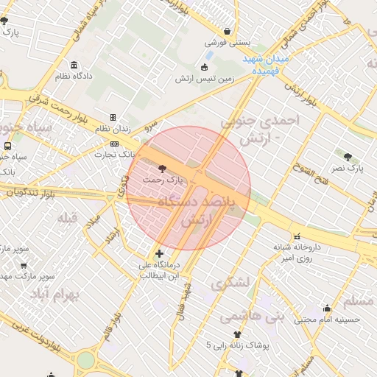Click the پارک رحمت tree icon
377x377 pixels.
[162, 168]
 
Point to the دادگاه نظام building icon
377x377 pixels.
[74, 65]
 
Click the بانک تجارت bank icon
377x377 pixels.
[114, 144]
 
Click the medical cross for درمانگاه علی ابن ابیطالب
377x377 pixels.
[159, 253]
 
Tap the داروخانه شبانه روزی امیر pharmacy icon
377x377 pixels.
[298, 237]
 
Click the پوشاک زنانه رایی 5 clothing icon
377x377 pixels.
[238, 334]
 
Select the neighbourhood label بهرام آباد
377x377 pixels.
[54, 295]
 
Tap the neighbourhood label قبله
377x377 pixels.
[68, 217]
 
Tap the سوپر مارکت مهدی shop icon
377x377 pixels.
[24, 266]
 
